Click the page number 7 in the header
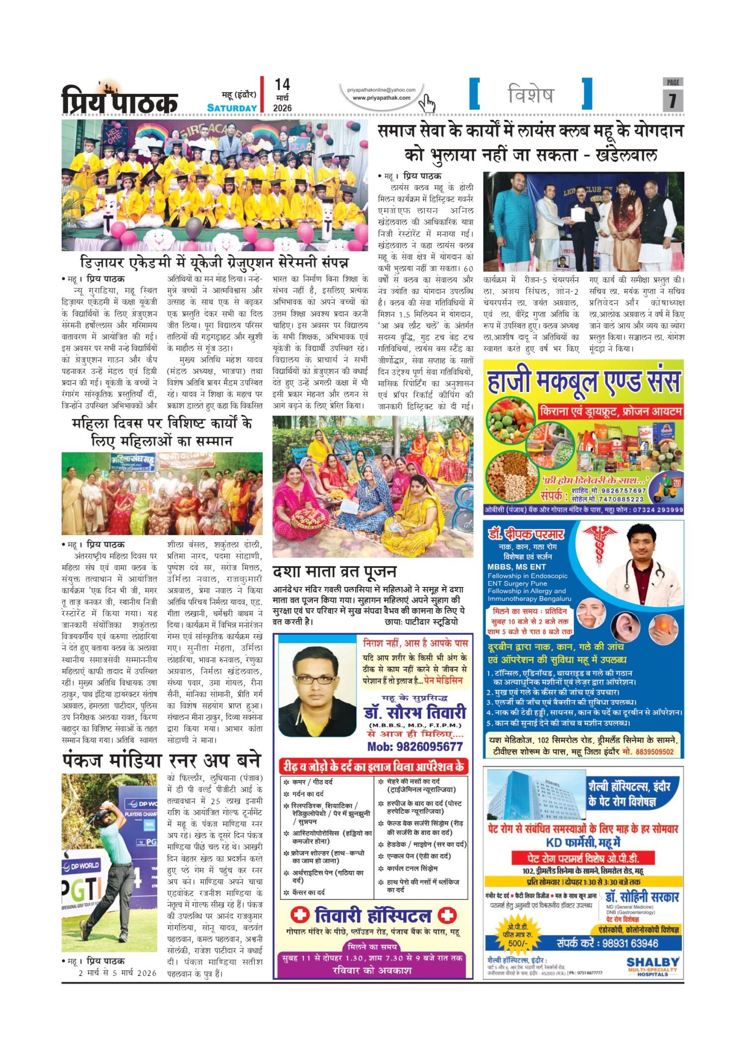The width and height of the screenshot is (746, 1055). pyautogui.click(x=672, y=100)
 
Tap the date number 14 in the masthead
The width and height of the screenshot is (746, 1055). pyautogui.click(x=282, y=85)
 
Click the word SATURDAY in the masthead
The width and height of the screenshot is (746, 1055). pyautogui.click(x=232, y=108)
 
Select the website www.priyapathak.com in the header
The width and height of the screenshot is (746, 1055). pyautogui.click(x=381, y=98)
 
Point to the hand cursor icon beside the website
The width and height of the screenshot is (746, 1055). pyautogui.click(x=427, y=103)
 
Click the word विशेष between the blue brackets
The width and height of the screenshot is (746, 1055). pyautogui.click(x=531, y=94)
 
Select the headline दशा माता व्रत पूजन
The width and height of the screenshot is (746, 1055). pyautogui.click(x=334, y=572)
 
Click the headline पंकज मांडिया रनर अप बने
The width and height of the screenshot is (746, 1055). pyautogui.click(x=162, y=761)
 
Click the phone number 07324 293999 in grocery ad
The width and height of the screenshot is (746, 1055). pyautogui.click(x=656, y=510)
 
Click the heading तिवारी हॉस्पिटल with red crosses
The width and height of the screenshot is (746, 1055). pyautogui.click(x=373, y=915)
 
